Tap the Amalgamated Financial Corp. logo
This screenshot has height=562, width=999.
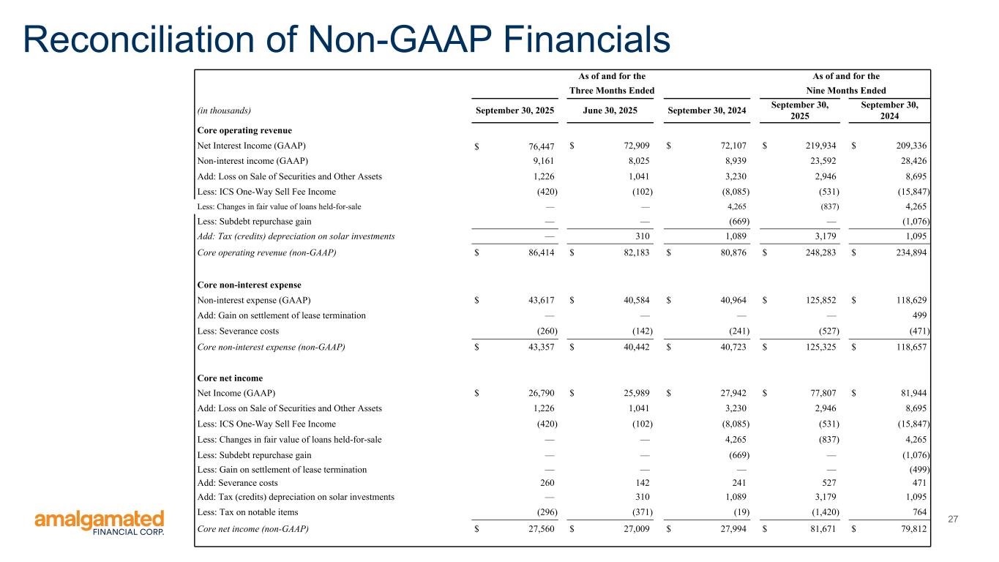click(100, 523)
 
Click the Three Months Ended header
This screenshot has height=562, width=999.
click(611, 91)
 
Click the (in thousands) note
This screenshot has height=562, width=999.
click(224, 110)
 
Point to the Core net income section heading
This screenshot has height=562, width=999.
click(228, 378)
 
